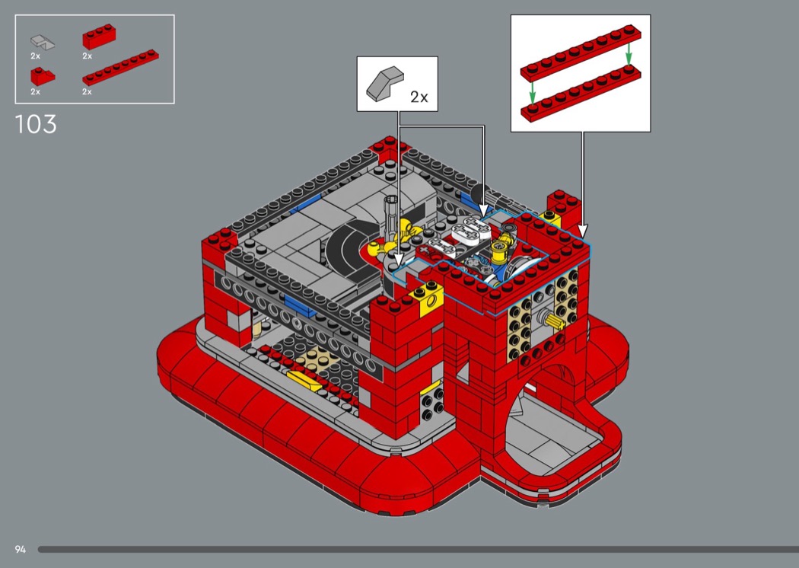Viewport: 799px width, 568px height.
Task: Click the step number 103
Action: point(36,124)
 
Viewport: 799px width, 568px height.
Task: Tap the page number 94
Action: point(21,549)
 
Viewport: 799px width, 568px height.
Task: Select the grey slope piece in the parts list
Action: point(43,41)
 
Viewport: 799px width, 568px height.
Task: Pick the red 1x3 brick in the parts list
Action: point(99,37)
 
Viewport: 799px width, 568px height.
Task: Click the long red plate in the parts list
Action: point(120,67)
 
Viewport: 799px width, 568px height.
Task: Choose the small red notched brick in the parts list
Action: point(43,76)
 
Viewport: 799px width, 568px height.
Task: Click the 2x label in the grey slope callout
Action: point(419,97)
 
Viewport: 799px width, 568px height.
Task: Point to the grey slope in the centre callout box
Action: point(385,84)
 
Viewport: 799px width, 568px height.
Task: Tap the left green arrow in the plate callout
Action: point(533,92)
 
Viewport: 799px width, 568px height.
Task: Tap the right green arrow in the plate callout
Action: point(629,53)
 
